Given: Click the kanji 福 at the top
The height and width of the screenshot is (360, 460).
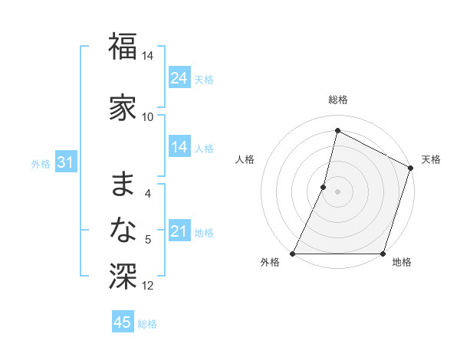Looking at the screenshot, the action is (x=123, y=47).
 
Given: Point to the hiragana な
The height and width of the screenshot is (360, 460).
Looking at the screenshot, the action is (x=123, y=231).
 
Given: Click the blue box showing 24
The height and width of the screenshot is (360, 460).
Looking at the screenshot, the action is (x=179, y=78).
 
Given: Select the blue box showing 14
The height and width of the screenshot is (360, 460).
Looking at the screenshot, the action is (x=179, y=147).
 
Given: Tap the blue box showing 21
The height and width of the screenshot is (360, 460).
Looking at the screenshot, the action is (x=179, y=231).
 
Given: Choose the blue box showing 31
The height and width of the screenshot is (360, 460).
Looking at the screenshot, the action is (x=65, y=162).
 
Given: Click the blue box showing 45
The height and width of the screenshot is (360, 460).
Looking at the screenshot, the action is (x=123, y=322).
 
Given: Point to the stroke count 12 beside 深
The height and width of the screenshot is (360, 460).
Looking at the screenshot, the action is (x=148, y=286).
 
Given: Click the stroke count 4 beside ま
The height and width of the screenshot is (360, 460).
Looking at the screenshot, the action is (x=148, y=194).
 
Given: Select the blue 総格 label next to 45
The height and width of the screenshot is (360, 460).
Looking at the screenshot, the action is (x=147, y=324).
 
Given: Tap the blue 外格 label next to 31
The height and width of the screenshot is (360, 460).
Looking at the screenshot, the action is (x=41, y=163).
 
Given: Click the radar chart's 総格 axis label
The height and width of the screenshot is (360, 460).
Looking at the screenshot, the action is (x=337, y=100).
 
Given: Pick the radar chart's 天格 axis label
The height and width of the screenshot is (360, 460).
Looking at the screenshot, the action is (x=431, y=159).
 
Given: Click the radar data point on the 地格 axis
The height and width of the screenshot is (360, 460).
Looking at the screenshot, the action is (x=383, y=254).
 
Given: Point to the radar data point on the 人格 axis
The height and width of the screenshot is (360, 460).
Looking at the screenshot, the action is (x=324, y=187).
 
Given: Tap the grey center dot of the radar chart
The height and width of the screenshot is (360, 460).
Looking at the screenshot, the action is (x=337, y=191).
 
